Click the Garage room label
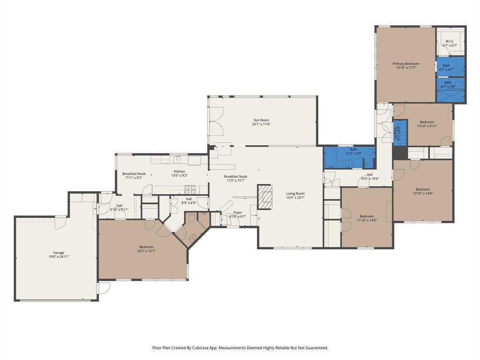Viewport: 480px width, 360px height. coord(59,253)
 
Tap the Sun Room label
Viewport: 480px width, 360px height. coord(262,120)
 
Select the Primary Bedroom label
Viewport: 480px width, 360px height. coord(406,64)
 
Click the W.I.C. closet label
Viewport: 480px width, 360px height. coord(450,42)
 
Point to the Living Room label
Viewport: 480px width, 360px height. coord(295,194)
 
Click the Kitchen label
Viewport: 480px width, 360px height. coord(180,172)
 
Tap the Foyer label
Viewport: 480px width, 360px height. coord(238,212)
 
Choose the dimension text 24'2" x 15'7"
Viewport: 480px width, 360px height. coord(146,251)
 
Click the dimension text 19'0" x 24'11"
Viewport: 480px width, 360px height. coord(59,257)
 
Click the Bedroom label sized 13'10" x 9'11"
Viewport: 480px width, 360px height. coord(427,122)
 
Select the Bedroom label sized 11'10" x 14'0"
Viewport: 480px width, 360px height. coord(367,217)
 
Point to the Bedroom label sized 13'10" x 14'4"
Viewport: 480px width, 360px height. coord(422,189)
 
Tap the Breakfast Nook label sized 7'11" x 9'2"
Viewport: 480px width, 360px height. coord(134,174)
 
